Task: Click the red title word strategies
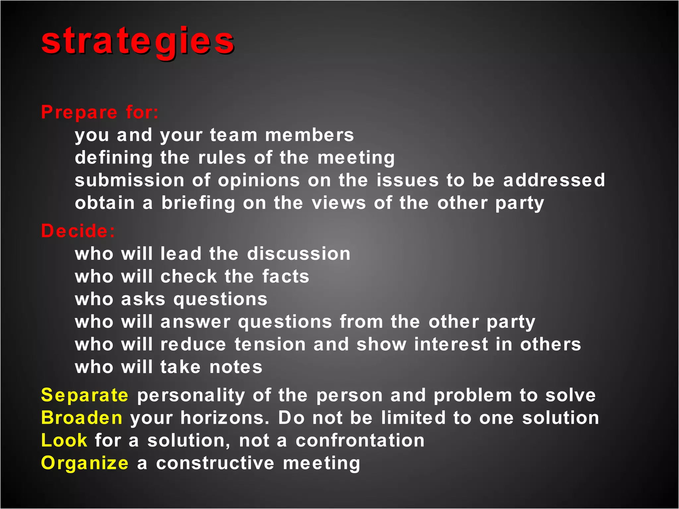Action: (138, 42)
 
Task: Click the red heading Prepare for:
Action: (99, 112)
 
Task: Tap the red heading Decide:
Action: (78, 231)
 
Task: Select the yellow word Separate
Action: (85, 395)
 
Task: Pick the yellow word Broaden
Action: (82, 418)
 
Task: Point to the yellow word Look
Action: (64, 440)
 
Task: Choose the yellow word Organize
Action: (85, 463)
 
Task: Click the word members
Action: (309, 135)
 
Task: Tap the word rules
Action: (222, 158)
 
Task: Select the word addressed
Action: (554, 180)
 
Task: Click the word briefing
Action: (198, 203)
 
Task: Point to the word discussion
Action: (299, 254)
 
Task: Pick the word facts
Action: (285, 276)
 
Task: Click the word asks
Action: (143, 299)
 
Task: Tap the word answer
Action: (195, 322)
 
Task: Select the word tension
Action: (270, 344)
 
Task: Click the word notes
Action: (236, 367)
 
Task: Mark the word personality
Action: (191, 395)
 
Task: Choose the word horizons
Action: (224, 418)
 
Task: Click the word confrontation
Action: (360, 440)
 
